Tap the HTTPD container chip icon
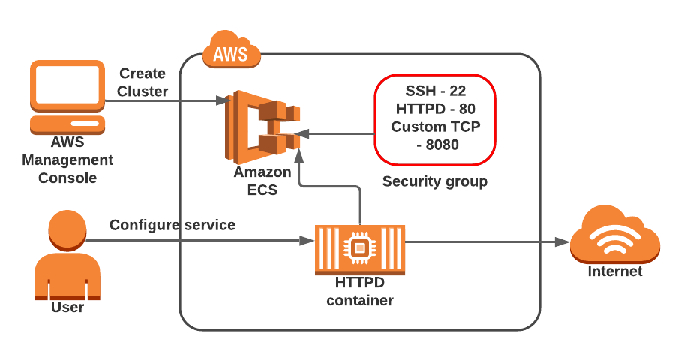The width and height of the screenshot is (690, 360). click(360, 247)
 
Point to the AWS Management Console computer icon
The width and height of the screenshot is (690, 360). click(67, 94)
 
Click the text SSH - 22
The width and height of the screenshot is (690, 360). click(435, 91)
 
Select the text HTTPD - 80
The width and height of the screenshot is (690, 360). click(435, 109)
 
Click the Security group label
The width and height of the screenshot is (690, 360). click(435, 181)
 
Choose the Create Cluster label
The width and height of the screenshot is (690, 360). click(142, 82)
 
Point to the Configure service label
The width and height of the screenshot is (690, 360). click(172, 225)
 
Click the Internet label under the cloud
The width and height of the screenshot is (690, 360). click(614, 271)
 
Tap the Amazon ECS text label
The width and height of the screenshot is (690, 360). click(262, 181)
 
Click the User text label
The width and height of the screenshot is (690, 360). click(67, 307)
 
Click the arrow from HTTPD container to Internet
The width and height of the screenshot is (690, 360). click(487, 241)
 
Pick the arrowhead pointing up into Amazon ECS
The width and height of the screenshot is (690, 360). click(299, 154)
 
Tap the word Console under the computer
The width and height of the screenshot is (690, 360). click(67, 178)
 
